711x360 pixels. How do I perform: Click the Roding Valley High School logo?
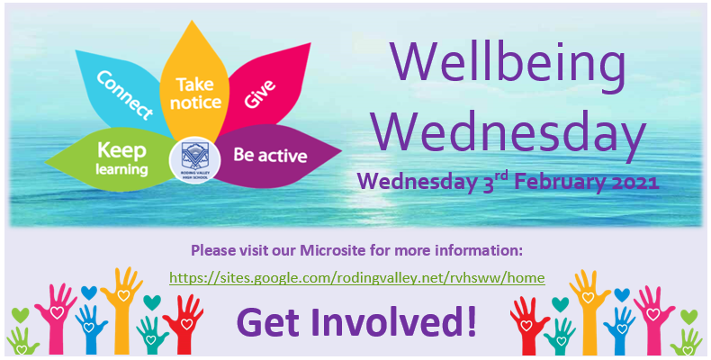point(195,160)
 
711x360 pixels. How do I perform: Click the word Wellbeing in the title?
point(508,65)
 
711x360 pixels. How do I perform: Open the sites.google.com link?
point(357,277)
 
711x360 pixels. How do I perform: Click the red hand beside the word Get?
point(184,324)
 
